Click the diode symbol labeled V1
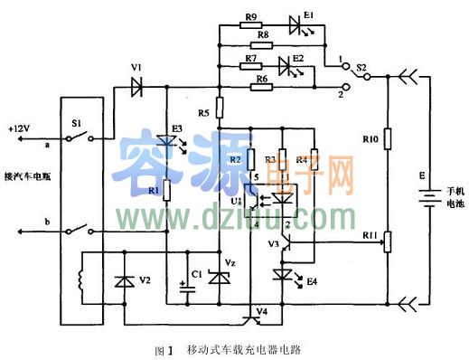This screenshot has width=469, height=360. [x=137, y=88]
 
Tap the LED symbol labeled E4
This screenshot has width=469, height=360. [x=282, y=274]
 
